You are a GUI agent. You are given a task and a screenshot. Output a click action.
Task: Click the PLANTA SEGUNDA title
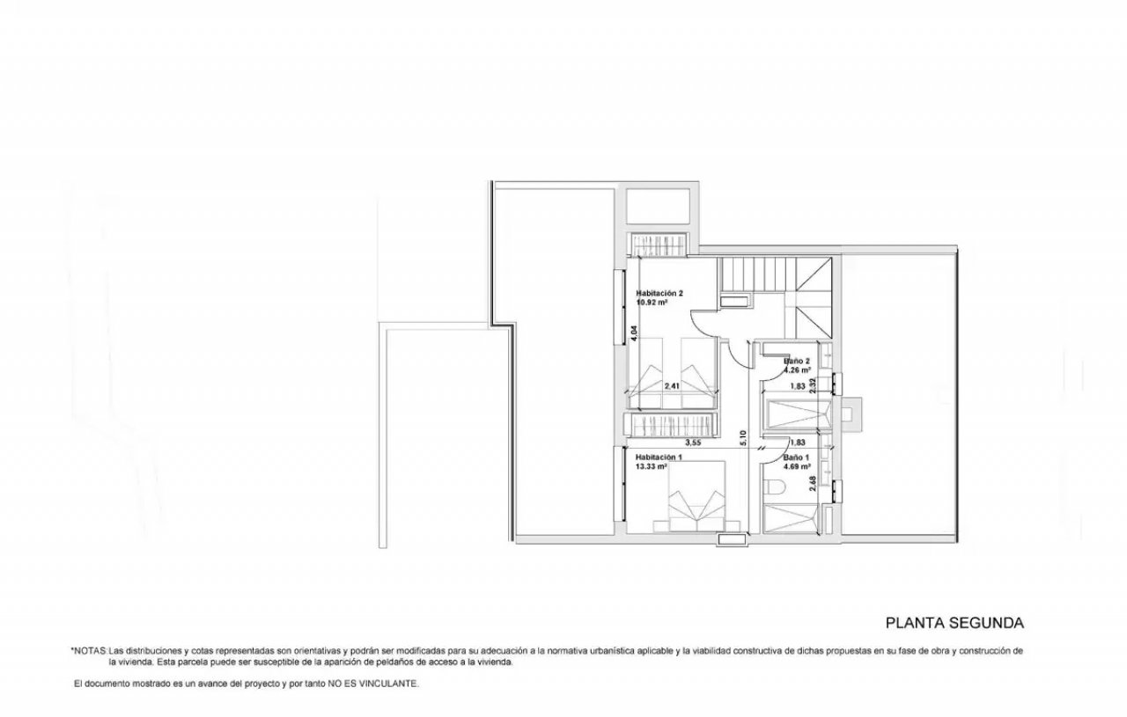tap(954, 623)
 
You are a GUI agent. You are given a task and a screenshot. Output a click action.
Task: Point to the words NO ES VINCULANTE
tap(373, 684)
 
